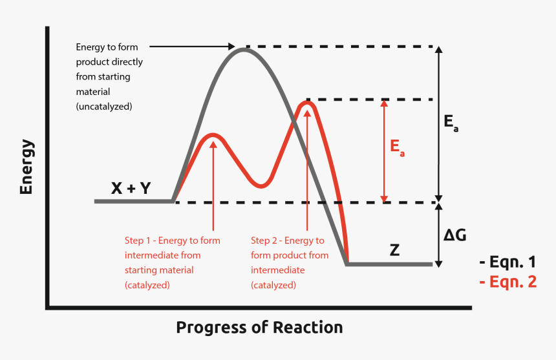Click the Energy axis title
click(27, 166)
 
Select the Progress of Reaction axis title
click(259, 327)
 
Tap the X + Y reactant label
click(131, 188)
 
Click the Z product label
click(394, 249)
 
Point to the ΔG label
click(455, 235)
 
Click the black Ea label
click(451, 123)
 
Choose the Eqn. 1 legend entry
click(508, 262)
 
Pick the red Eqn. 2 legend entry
click(508, 282)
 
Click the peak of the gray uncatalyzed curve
click(244, 49)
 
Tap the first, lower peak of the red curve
click(213, 135)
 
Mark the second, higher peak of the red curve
click(308, 101)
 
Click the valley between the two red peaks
click(260, 186)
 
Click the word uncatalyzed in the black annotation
click(105, 105)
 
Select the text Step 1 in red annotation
click(139, 240)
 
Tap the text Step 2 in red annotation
click(266, 240)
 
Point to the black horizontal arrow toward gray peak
click(194, 47)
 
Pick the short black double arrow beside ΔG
click(439, 235)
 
